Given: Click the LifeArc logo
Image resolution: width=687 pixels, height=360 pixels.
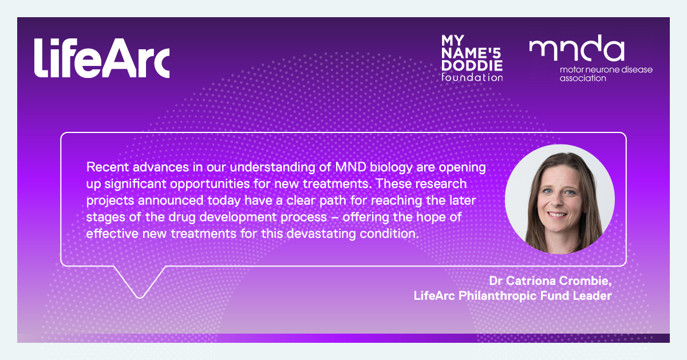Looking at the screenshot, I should tap(101, 58).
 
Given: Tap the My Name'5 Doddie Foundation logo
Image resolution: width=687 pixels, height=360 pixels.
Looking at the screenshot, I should tap(472, 57).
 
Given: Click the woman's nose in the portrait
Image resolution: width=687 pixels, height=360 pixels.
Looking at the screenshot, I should tap(556, 201).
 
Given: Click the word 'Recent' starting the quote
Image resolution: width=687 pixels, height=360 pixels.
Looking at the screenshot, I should tap(103, 167).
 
